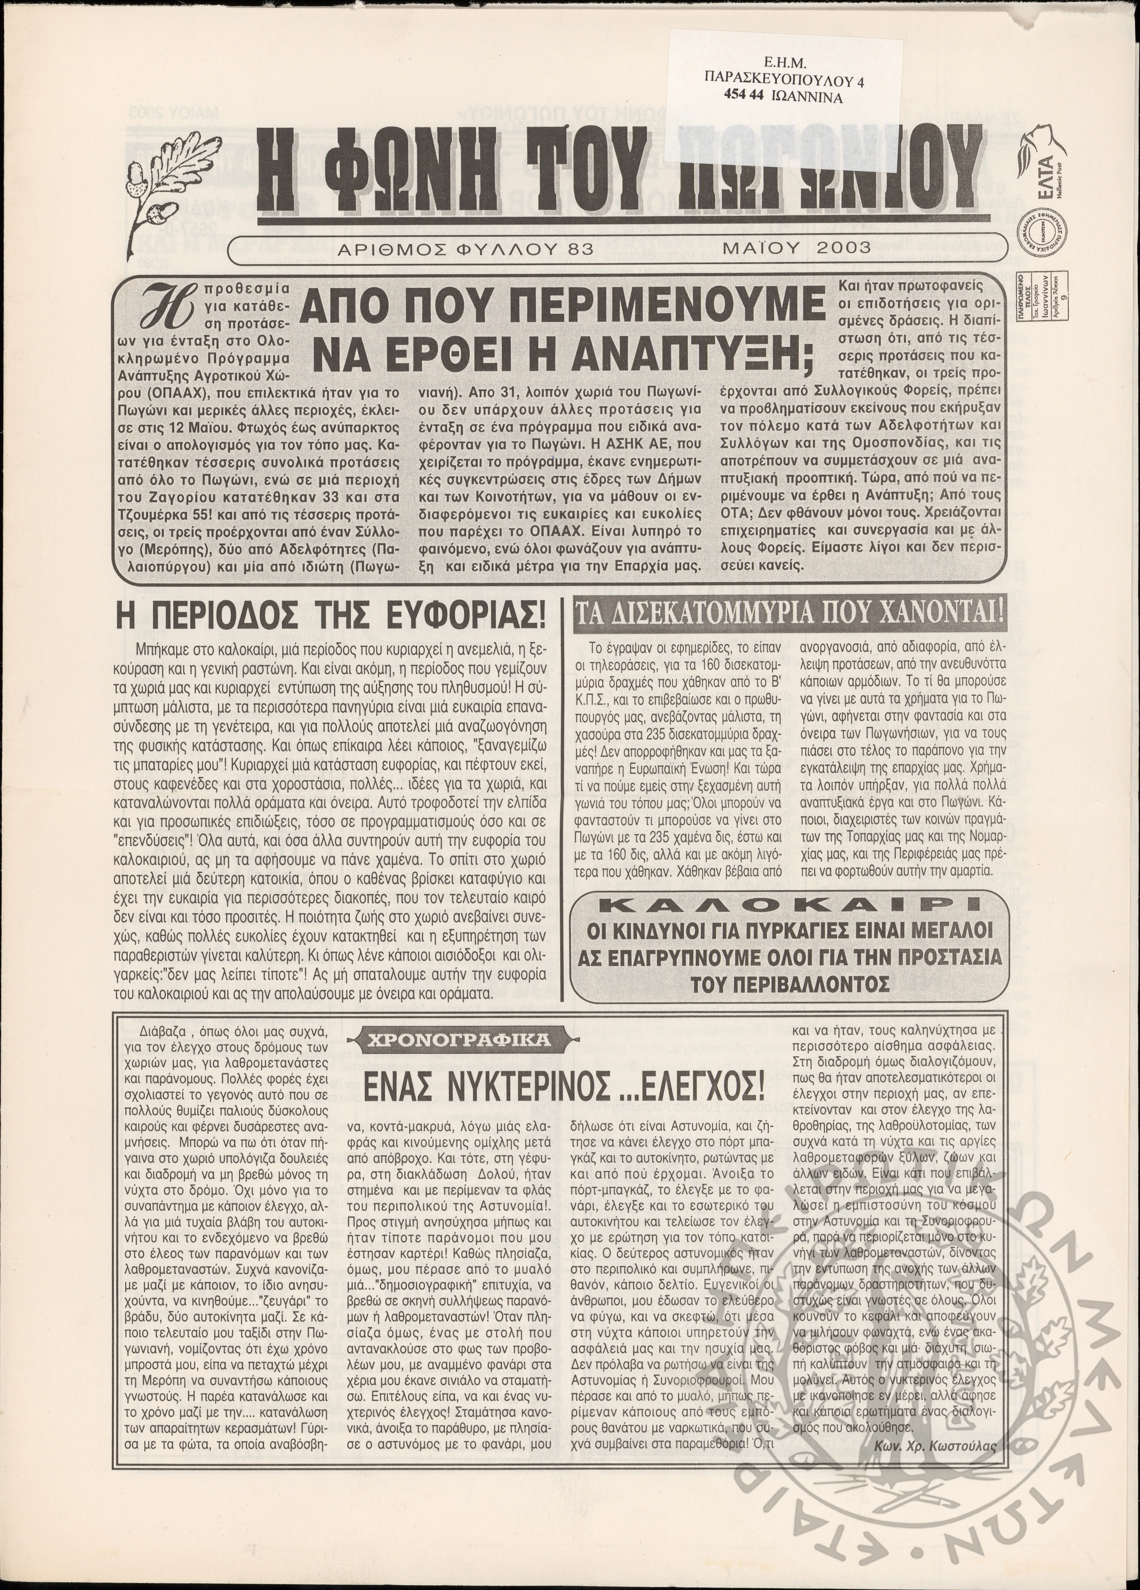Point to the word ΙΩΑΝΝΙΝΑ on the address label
(x=811, y=98)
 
